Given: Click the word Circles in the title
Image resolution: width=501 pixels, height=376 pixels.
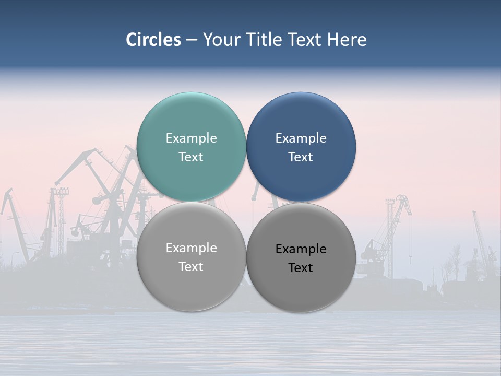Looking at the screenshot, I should coord(153,40).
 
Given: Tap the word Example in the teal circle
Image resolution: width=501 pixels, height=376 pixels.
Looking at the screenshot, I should coord(191,138).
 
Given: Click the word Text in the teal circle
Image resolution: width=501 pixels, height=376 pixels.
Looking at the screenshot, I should coord(191,157).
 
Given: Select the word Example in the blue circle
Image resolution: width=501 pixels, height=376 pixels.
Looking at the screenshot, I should coord(301,138).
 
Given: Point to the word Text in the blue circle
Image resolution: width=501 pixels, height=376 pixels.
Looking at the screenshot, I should coord(301,157).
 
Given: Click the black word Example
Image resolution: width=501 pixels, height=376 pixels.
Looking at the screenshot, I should coord(301,249).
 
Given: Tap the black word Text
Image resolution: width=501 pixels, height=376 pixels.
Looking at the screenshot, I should coord(301,268).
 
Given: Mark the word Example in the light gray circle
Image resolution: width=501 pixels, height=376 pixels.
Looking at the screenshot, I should coord(191,248).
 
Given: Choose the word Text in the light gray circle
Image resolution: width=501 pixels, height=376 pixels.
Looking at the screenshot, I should coord(191,267).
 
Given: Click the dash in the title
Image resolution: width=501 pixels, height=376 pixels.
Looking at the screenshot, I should coord(192,40).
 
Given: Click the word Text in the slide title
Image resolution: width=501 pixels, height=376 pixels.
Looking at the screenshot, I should coord(305,40).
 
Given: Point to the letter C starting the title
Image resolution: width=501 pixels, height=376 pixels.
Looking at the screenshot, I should coord(132,40).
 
